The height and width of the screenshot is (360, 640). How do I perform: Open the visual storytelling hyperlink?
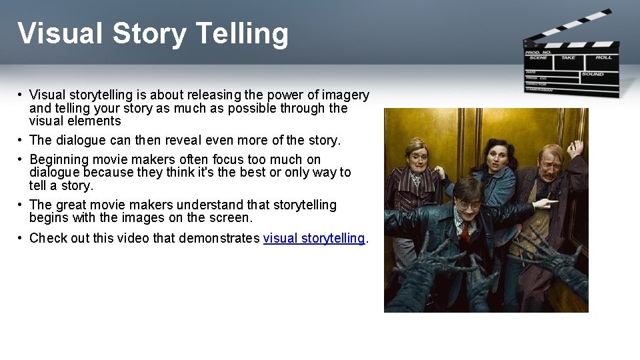point(314,238)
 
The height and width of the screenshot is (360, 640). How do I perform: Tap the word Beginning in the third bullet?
point(59,159)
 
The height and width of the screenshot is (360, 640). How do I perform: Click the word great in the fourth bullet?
point(73,205)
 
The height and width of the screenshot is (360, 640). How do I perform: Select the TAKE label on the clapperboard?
point(568,57)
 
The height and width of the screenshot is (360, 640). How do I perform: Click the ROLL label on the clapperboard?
point(603,57)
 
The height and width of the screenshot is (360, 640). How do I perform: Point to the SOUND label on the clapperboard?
point(592,74)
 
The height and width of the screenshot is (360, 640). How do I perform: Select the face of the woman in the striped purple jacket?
point(417,155)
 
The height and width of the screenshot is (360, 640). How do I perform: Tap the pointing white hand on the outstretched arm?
point(545,203)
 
